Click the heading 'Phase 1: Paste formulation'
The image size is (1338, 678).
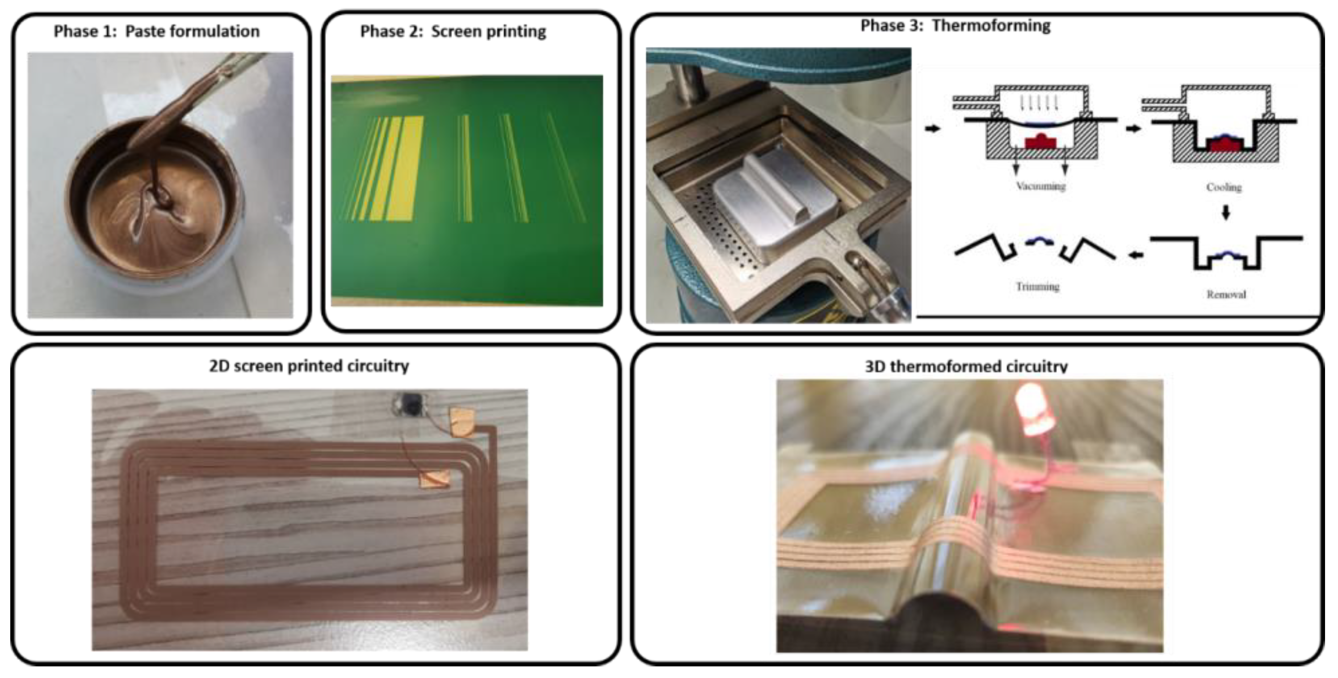click(x=156, y=32)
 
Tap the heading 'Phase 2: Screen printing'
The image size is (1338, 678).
click(x=453, y=32)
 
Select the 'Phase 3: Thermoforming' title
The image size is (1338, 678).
click(x=955, y=25)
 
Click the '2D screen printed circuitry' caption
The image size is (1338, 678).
click(x=309, y=366)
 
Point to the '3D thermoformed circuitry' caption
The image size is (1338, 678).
click(x=966, y=367)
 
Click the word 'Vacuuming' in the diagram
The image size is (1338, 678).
click(x=1040, y=186)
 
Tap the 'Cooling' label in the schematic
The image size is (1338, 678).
click(x=1224, y=187)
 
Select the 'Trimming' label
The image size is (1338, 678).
click(x=1037, y=286)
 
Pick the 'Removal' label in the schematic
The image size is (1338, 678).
click(x=1226, y=295)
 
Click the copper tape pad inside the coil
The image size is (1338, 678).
click(x=435, y=479)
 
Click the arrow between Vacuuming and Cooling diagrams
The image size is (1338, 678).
click(x=1133, y=128)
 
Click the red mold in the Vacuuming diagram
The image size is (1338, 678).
click(x=1040, y=141)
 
